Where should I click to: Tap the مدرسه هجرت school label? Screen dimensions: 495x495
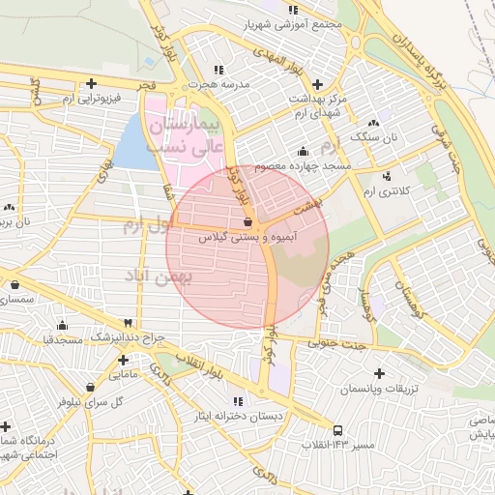pyautogui.click(x=219, y=84)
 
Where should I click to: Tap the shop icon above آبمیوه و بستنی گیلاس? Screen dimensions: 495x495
pyautogui.click(x=248, y=221)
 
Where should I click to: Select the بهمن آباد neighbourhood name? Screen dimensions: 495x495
pyautogui.click(x=160, y=276)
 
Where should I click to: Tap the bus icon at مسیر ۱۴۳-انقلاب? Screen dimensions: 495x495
pyautogui.click(x=336, y=430)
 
